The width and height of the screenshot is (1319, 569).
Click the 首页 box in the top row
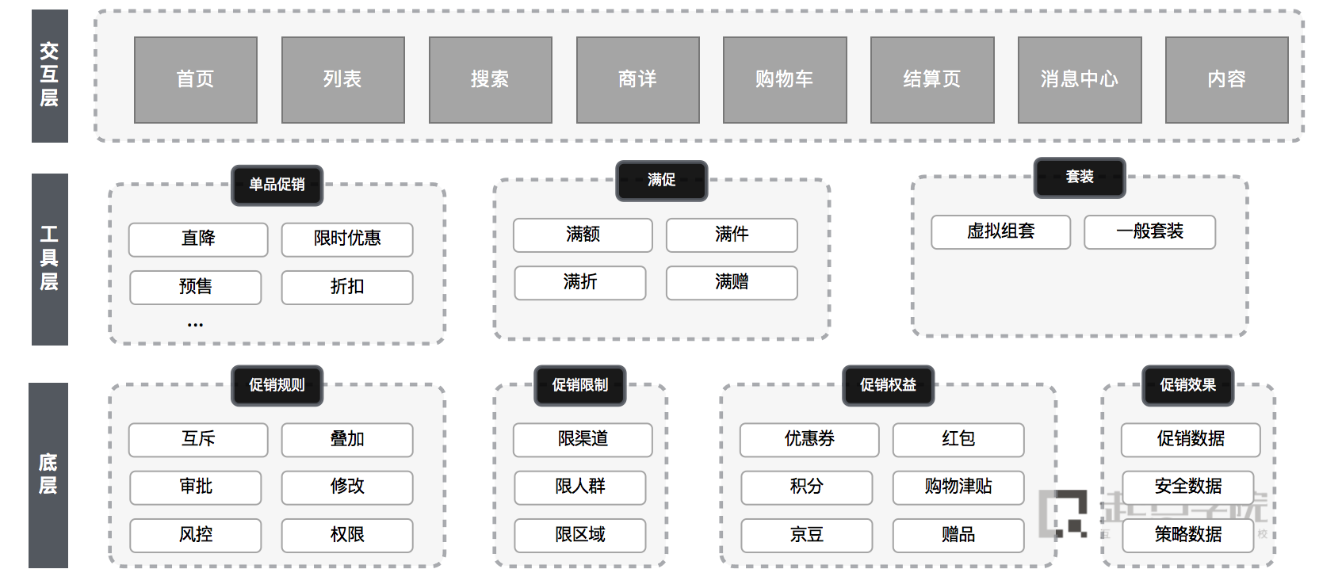(x=196, y=80)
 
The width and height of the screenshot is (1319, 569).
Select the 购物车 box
(x=785, y=80)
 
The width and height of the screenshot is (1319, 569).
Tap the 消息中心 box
(x=1080, y=80)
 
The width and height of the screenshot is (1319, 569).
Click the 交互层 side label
(x=49, y=76)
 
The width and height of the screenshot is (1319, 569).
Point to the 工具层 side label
(x=49, y=259)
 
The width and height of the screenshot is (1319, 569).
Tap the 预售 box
(x=196, y=287)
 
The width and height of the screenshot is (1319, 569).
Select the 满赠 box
(x=732, y=283)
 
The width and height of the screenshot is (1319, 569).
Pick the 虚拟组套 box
(x=1000, y=232)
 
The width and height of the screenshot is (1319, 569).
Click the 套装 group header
(x=1080, y=178)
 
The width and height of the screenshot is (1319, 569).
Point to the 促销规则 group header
(x=277, y=386)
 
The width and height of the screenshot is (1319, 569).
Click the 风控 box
(x=196, y=535)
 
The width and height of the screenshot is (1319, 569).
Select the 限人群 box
(x=580, y=487)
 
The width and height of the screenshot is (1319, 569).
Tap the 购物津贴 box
(x=958, y=487)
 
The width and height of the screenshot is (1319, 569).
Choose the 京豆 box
(x=807, y=535)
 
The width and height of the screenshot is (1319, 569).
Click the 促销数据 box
(x=1191, y=440)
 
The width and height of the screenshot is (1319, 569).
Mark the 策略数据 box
(x=1187, y=535)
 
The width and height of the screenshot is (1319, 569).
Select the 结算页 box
(x=932, y=80)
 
